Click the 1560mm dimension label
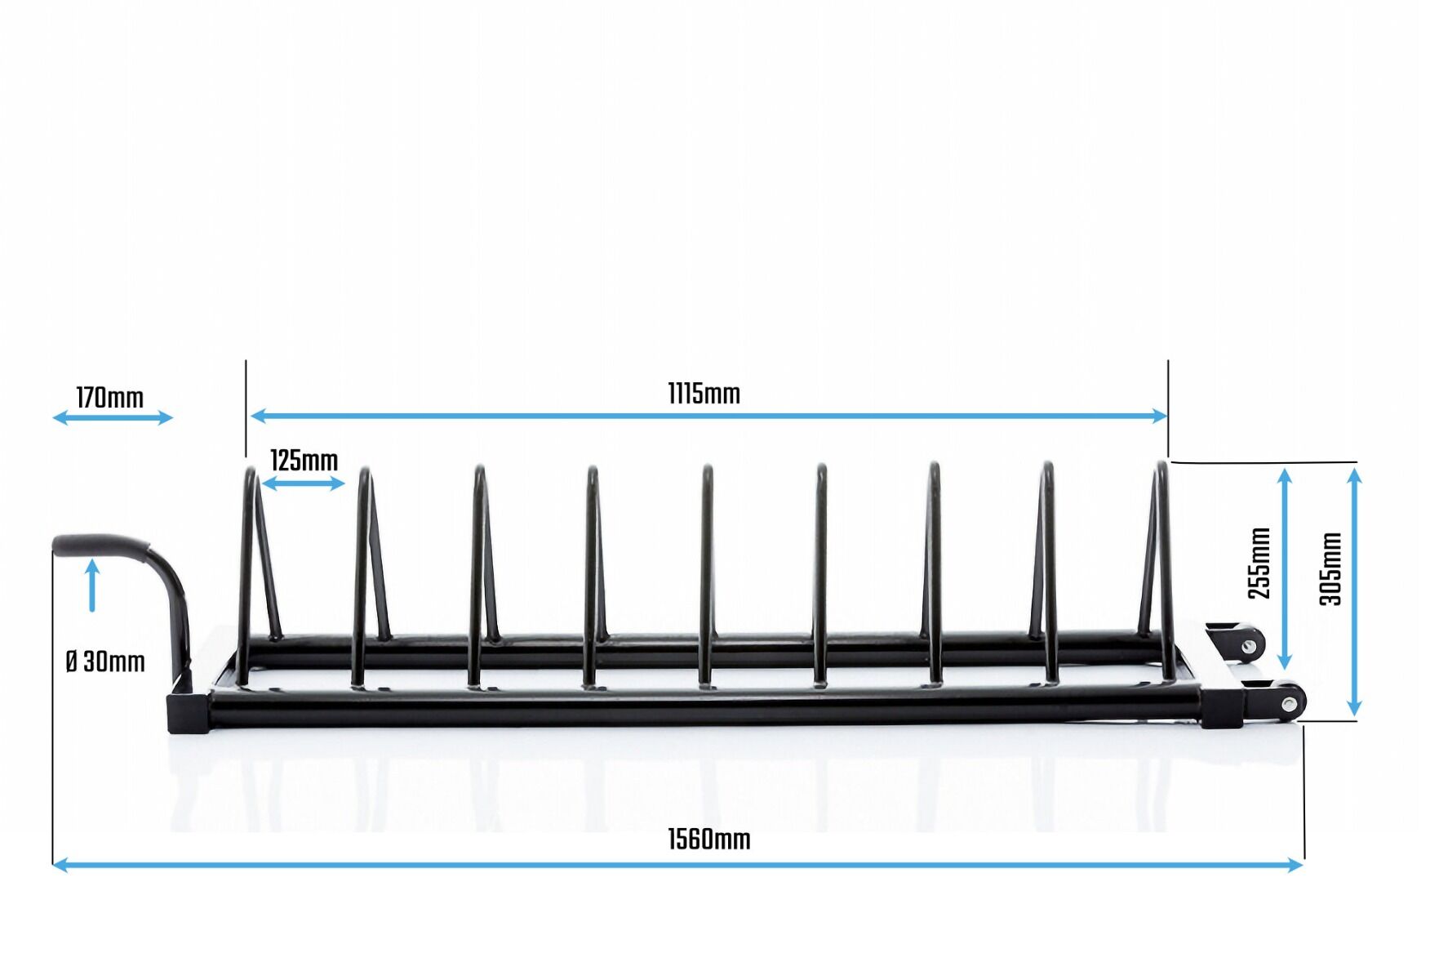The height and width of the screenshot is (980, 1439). [x=708, y=840]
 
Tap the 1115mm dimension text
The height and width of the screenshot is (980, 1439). [x=704, y=394]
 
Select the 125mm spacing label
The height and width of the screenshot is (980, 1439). [x=304, y=461]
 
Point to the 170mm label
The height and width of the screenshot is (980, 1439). [x=110, y=399]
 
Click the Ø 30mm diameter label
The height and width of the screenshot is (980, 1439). [x=105, y=661]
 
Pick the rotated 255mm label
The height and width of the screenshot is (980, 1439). [x=1259, y=563]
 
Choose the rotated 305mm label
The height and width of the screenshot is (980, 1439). [x=1330, y=568]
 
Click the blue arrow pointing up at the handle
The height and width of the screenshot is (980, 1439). [x=92, y=585]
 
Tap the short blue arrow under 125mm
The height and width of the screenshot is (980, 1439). [x=304, y=483]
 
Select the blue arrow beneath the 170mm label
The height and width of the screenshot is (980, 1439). [x=113, y=418]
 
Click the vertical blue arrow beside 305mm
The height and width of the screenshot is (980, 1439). [x=1354, y=593]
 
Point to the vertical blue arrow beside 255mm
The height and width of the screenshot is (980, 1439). [x=1285, y=569]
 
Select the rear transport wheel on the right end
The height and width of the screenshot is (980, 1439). [x=1248, y=644]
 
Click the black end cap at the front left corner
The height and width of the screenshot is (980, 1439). [x=188, y=714]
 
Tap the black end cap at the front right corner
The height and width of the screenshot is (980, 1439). [x=1221, y=708]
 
